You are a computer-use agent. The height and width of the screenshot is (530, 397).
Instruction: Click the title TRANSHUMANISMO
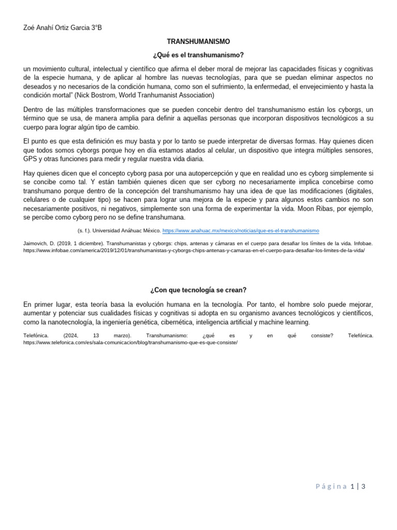coord(198,41)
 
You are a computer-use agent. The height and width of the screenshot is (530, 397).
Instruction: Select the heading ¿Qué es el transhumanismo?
coord(198,55)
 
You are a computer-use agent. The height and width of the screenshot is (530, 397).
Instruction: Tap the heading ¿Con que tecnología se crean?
coord(198,290)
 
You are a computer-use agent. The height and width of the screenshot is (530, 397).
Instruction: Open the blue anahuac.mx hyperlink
coord(240,230)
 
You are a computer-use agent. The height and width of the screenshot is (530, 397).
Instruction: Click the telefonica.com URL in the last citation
coord(130,343)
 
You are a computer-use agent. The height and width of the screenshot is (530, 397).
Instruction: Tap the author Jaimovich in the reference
coord(37,243)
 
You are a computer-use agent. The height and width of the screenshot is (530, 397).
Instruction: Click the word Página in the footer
coord(331,486)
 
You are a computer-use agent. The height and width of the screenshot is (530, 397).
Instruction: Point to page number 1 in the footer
coord(352,486)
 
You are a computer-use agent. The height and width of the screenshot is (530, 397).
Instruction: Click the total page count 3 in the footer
coord(363,486)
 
